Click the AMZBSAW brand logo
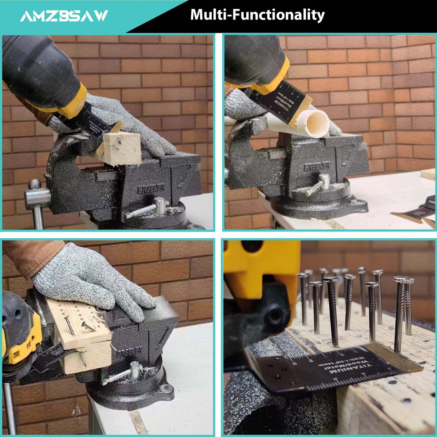[x=64, y=16]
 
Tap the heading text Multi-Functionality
[x=257, y=15]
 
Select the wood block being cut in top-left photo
[x=122, y=148]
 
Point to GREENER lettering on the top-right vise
[x=316, y=167]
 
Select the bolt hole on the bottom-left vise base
[x=166, y=388]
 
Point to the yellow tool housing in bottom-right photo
[x=263, y=266]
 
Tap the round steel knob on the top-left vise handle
[x=35, y=184]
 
